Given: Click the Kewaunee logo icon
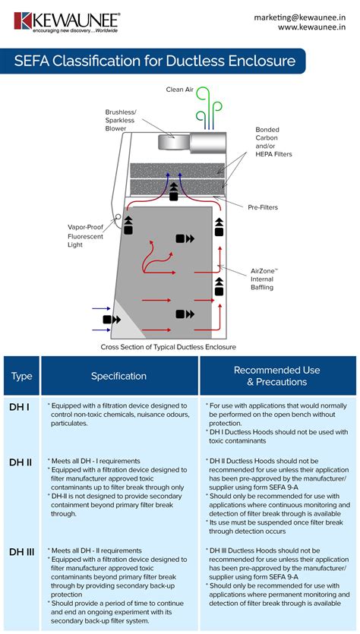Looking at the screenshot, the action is click(23, 21).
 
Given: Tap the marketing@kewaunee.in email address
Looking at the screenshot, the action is click(299, 17).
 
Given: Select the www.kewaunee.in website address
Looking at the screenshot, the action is click(311, 27).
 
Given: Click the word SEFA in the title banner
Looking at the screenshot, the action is click(31, 61).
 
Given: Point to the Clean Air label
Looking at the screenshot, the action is click(179, 90).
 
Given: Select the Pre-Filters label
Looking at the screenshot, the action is click(263, 207).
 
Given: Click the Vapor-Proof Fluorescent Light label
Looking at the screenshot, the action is click(85, 235).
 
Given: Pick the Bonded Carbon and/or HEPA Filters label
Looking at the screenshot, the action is click(273, 142).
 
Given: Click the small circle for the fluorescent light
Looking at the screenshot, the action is click(118, 216).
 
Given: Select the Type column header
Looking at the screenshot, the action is click(22, 376).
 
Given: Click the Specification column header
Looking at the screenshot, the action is click(118, 376).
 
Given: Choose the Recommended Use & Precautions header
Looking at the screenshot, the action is click(277, 376).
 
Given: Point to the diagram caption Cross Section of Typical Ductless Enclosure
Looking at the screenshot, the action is click(169, 347).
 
